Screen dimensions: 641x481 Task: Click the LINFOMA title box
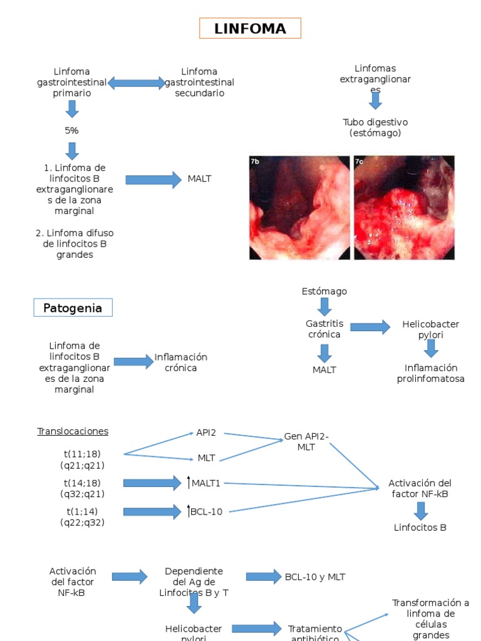(250, 28)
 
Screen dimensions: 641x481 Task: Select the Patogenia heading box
(73, 308)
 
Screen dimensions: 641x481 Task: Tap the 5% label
(71, 130)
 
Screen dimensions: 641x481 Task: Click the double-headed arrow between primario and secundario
(137, 83)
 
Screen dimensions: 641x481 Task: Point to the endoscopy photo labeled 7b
(299, 207)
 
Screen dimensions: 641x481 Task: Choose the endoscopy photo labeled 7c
(404, 207)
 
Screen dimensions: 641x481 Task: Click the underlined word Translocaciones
(73, 431)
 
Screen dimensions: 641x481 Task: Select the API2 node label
(206, 433)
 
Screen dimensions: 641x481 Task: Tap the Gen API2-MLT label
(306, 441)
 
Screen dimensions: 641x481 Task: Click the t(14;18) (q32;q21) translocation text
(82, 488)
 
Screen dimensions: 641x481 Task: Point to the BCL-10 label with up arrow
(205, 511)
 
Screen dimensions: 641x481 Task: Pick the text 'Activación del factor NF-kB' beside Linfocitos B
(420, 488)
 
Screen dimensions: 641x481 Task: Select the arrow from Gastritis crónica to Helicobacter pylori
(370, 327)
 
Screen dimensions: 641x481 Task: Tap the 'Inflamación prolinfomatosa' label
(431, 373)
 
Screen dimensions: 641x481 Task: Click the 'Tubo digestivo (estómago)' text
(375, 127)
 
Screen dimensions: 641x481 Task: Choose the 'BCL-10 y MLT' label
(314, 577)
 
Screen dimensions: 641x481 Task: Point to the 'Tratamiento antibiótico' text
(315, 633)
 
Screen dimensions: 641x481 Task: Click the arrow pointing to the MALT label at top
(153, 180)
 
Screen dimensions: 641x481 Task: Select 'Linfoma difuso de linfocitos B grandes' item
(75, 244)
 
